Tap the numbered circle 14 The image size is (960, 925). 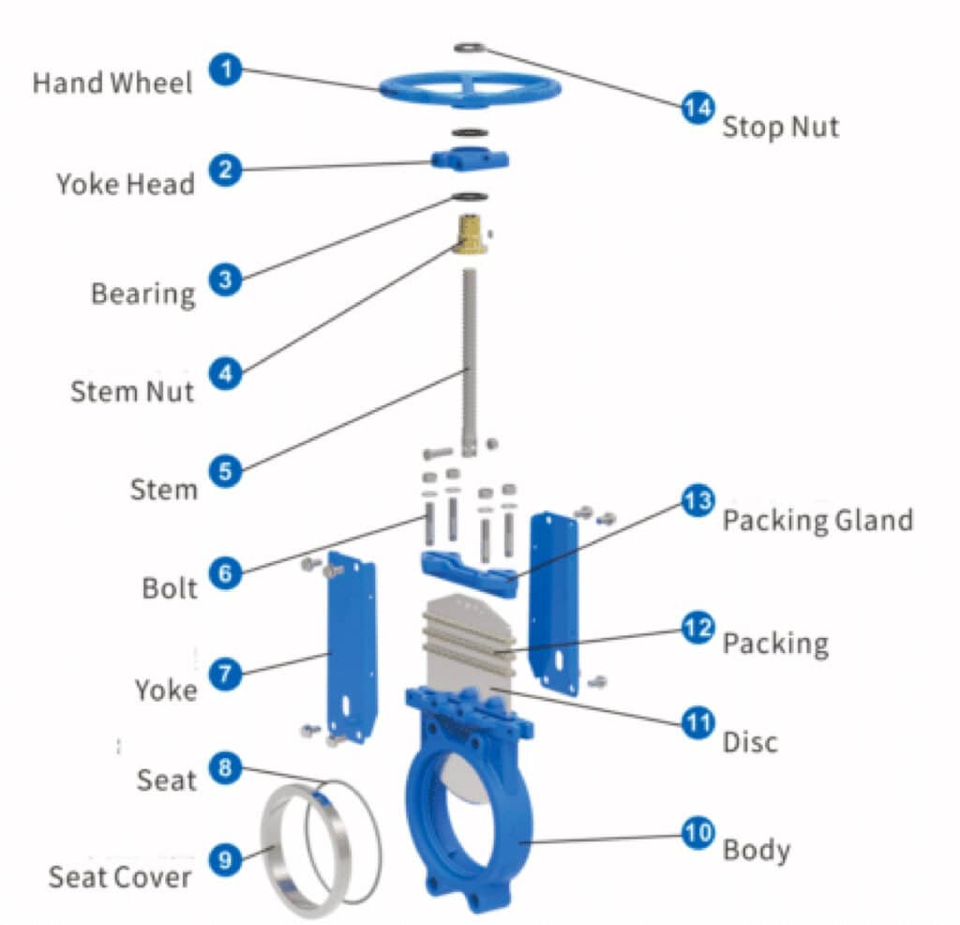[697, 108]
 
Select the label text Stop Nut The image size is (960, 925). [780, 127]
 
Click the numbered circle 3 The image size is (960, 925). [225, 280]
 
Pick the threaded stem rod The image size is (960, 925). [468, 356]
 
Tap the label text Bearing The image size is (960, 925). [142, 294]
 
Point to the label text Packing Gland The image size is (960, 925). [817, 520]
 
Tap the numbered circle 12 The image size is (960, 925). [697, 628]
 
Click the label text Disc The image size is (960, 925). [750, 742]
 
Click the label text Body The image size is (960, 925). [756, 850]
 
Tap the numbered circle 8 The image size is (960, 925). [225, 766]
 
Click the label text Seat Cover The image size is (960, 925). [119, 877]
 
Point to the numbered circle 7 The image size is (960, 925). [225, 673]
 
